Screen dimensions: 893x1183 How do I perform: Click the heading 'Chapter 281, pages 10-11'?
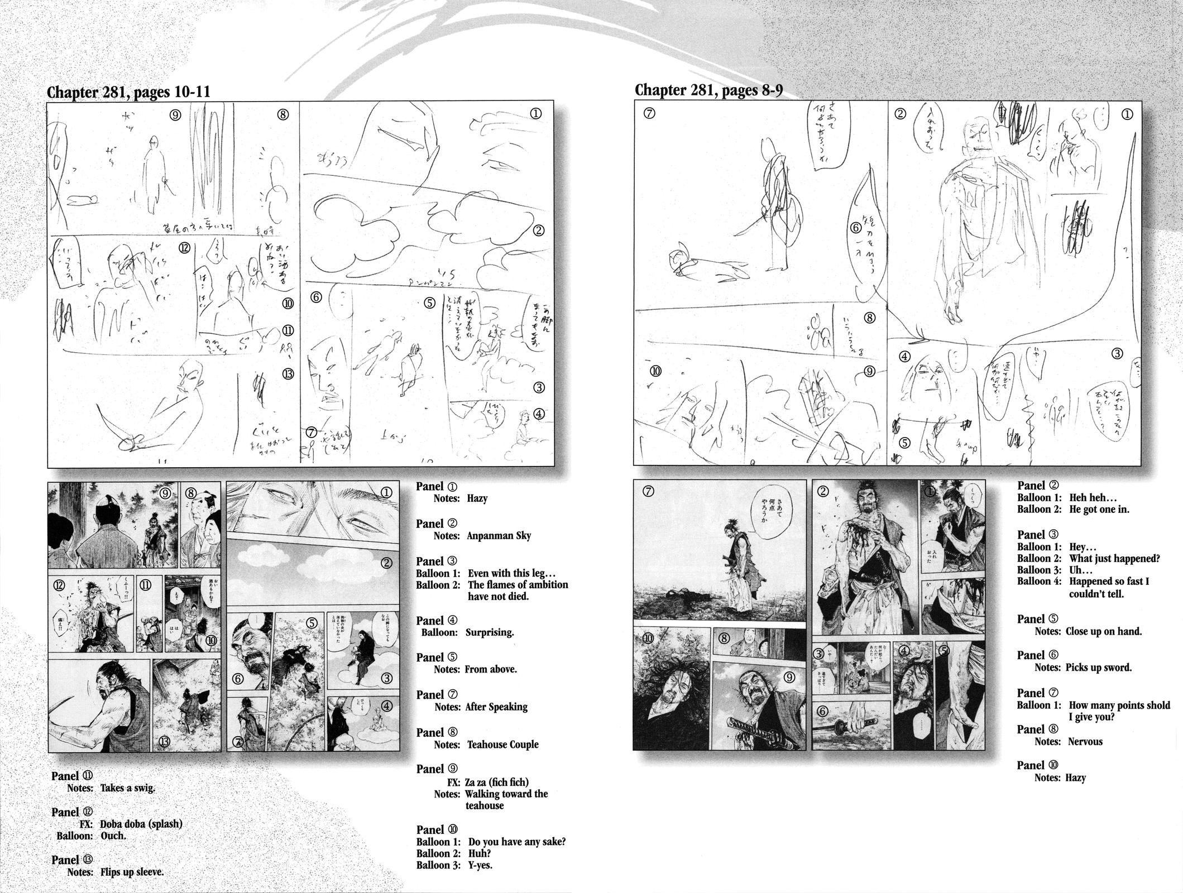pyautogui.click(x=128, y=92)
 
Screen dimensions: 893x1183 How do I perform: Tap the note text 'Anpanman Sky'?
pyautogui.click(x=499, y=536)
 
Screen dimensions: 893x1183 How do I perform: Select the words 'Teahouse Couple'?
pyautogui.click(x=502, y=745)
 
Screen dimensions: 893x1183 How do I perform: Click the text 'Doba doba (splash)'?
pyautogui.click(x=141, y=824)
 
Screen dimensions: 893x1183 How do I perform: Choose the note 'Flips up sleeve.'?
pyautogui.click(x=132, y=872)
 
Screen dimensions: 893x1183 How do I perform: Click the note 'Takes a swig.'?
pyautogui.click(x=127, y=789)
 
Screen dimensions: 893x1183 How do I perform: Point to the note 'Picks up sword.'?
pyautogui.click(x=1098, y=668)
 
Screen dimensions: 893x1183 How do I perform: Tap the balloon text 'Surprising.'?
pyautogui.click(x=490, y=632)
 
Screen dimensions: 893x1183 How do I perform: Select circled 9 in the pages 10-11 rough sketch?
pyautogui.click(x=175, y=115)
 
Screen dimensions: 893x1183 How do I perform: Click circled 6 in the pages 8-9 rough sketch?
pyautogui.click(x=856, y=228)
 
